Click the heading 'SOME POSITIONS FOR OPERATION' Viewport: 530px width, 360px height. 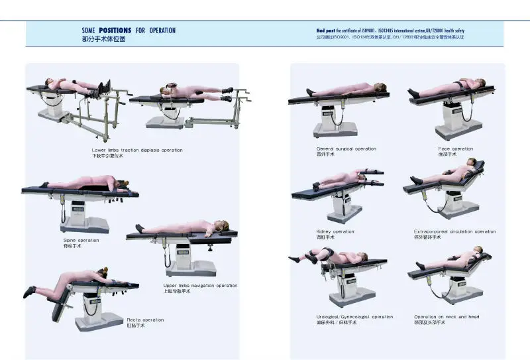[x=129, y=30]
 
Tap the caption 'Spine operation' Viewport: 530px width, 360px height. [x=81, y=240]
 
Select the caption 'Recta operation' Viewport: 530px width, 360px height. [x=145, y=320]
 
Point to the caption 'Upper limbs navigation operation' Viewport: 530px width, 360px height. [x=200, y=286]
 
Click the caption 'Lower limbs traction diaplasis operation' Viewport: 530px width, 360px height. [x=137, y=150]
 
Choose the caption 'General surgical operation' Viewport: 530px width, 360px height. [x=346, y=149]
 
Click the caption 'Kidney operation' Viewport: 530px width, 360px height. [x=335, y=231]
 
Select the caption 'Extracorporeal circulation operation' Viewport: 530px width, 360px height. [x=454, y=231]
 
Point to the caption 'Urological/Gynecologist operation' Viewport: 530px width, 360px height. [x=354, y=317]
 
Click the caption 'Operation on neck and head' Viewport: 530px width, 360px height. [x=447, y=317]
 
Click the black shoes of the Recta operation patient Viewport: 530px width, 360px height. [x=30, y=292]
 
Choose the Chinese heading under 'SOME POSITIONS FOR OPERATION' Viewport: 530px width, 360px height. [x=103, y=39]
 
